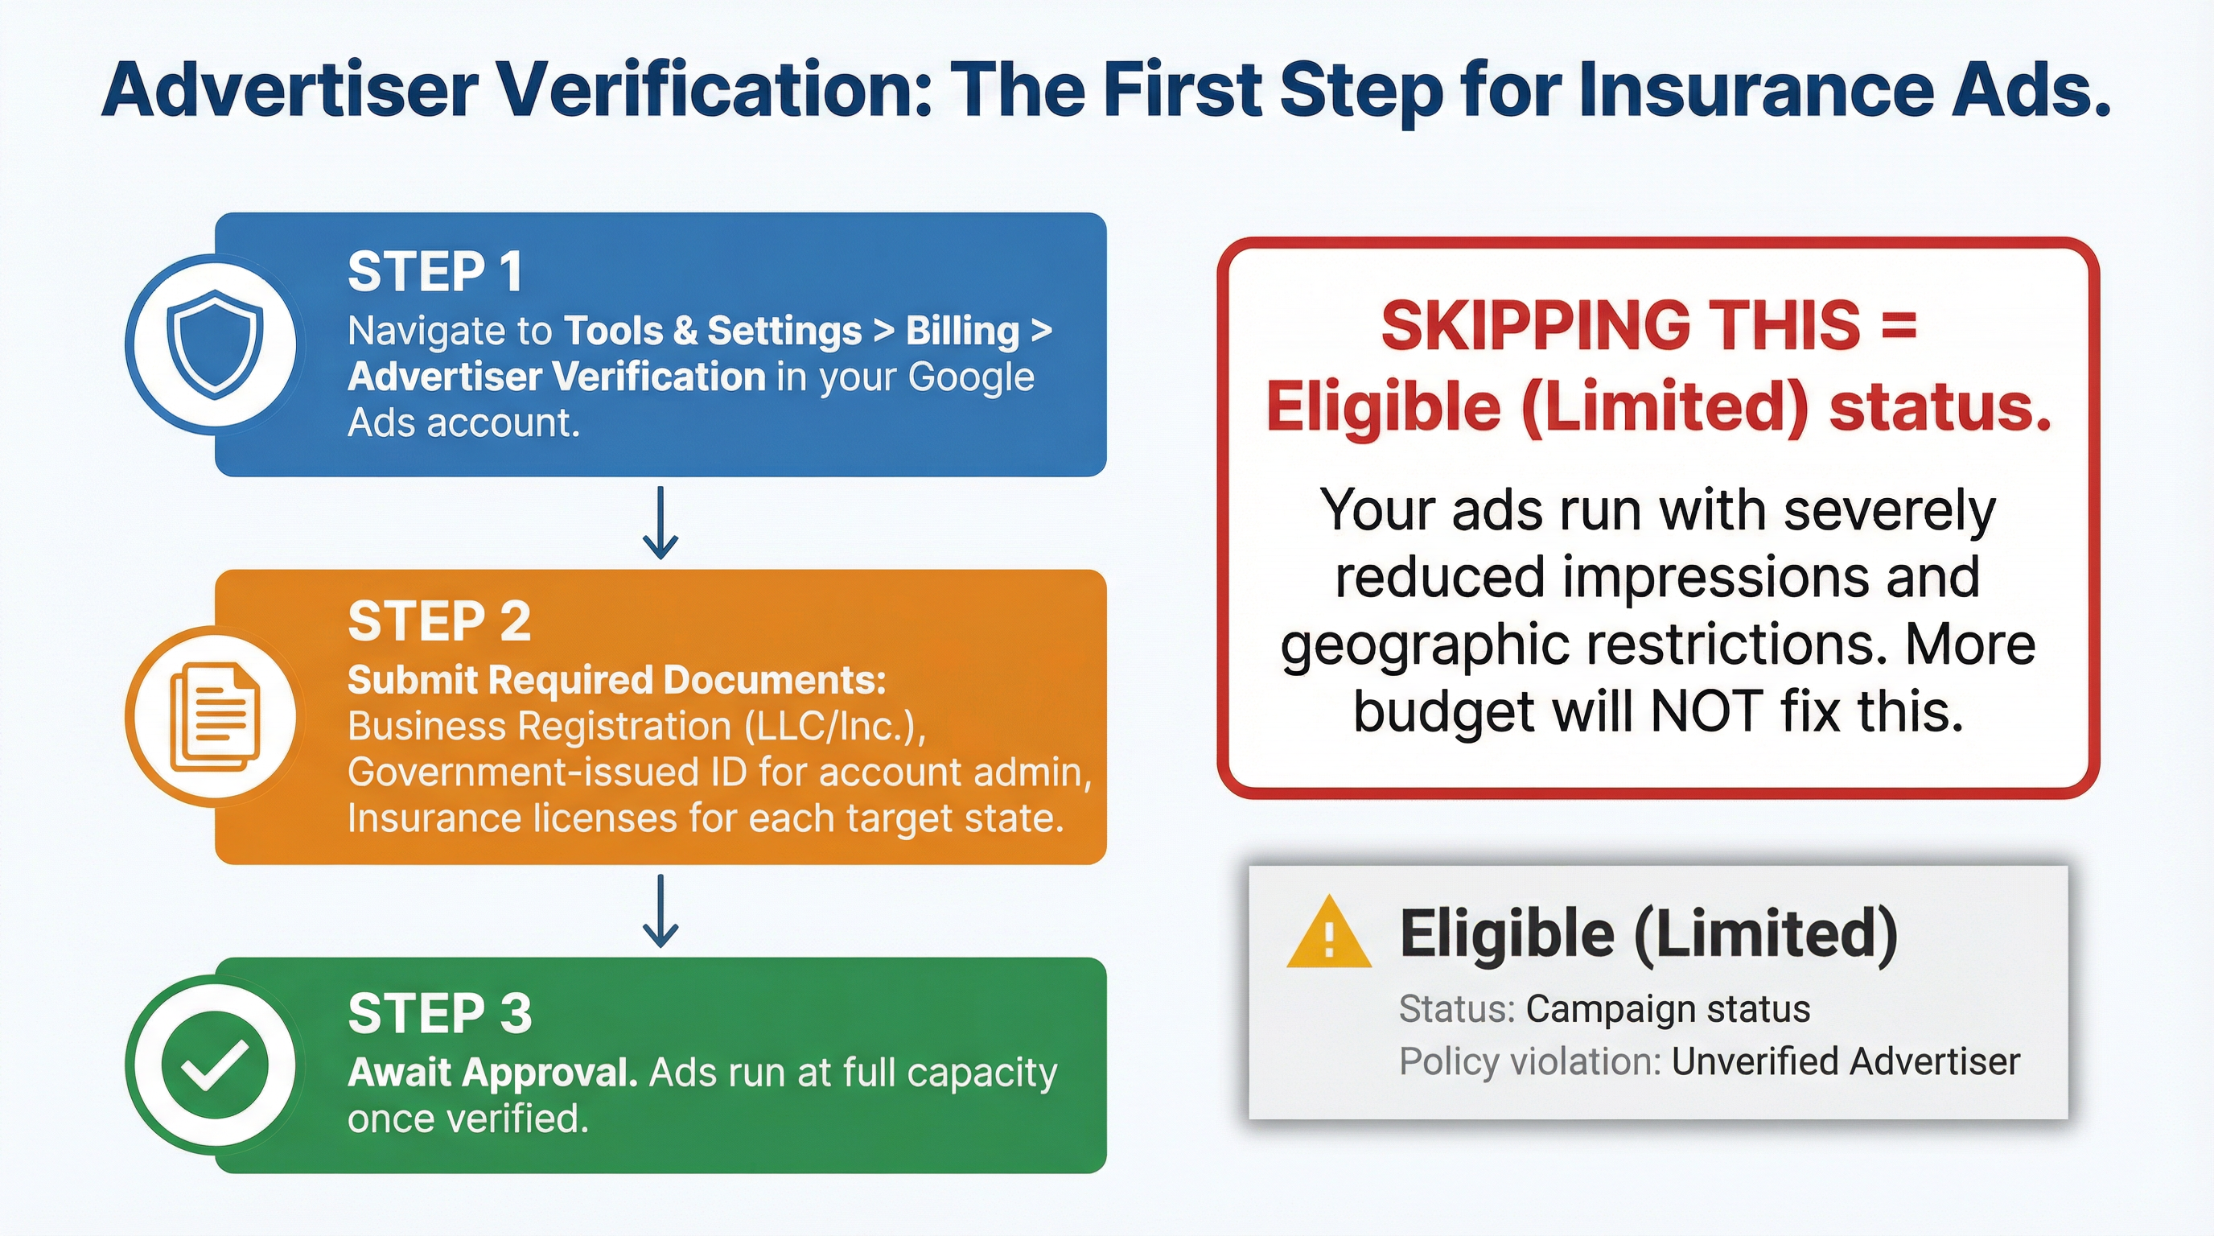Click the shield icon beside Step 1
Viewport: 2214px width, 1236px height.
pyautogui.click(x=214, y=344)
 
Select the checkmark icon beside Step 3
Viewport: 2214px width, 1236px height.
pyautogui.click(x=214, y=1066)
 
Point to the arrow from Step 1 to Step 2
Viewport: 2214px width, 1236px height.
pyautogui.click(x=660, y=522)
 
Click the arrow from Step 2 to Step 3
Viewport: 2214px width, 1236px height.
pyautogui.click(x=660, y=911)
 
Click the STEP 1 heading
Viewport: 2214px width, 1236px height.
pyautogui.click(x=435, y=273)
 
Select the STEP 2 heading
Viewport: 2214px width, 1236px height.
pyautogui.click(x=439, y=621)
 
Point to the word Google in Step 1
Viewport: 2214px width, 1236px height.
pyautogui.click(x=970, y=377)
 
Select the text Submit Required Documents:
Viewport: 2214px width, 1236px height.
pyautogui.click(x=616, y=680)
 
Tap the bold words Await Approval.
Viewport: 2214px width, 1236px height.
pyautogui.click(x=492, y=1073)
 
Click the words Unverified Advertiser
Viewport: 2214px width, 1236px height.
pyautogui.click(x=1846, y=1061)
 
